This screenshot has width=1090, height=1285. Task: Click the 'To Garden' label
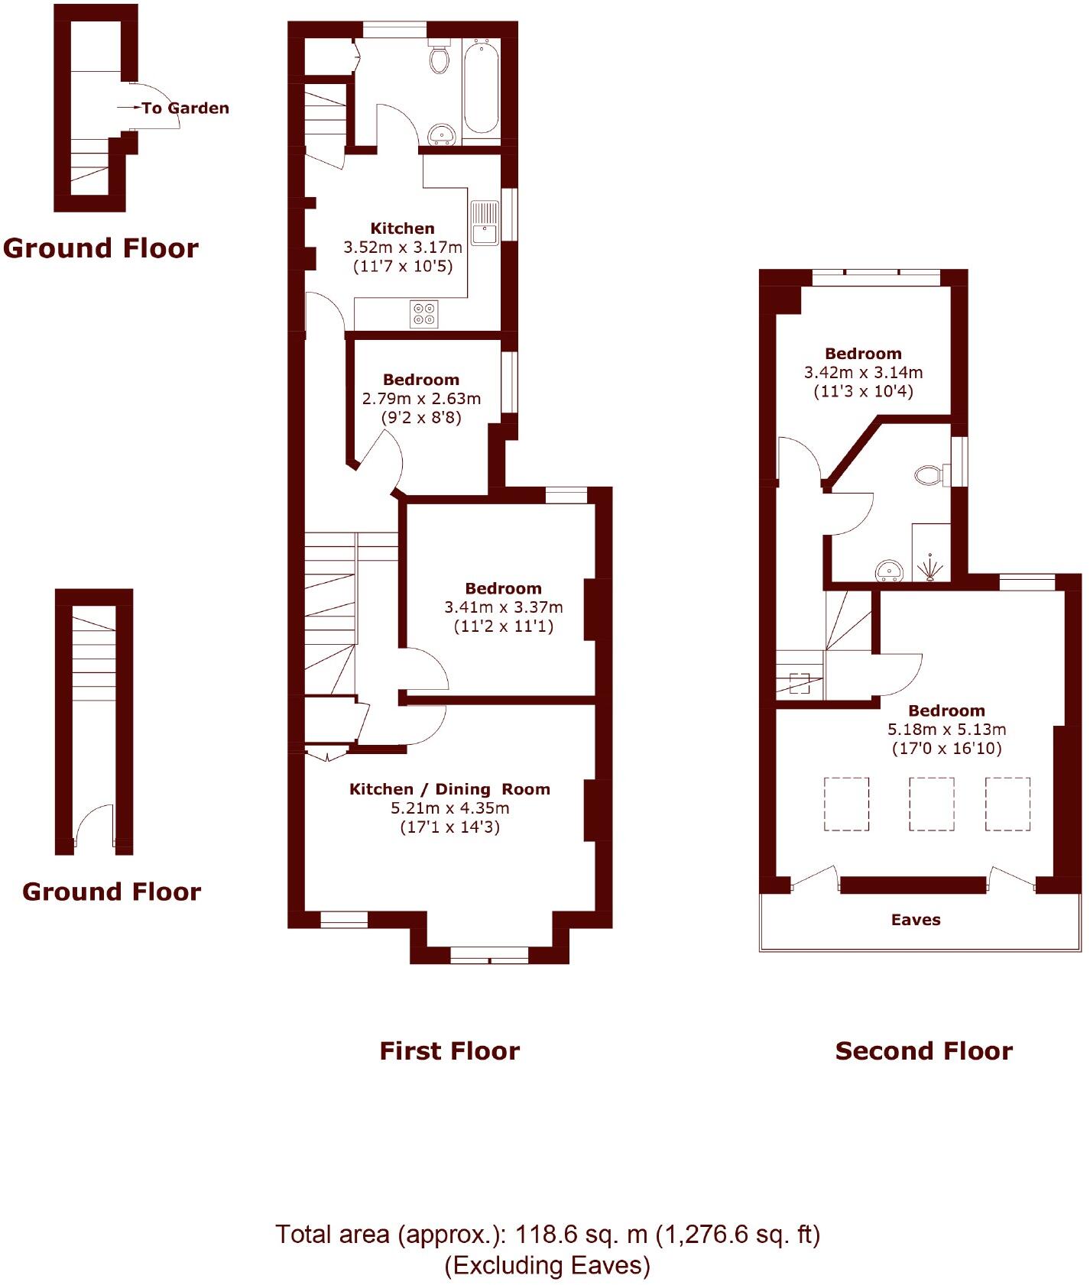point(185,108)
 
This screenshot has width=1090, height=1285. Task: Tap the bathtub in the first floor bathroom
point(482,89)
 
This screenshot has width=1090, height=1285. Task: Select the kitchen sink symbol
point(485,223)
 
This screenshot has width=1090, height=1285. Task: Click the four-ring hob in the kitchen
point(424,314)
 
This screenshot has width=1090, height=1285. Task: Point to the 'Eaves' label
point(915,920)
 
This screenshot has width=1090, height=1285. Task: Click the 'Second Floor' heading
point(923,1051)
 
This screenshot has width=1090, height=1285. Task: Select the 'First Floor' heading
point(449,1051)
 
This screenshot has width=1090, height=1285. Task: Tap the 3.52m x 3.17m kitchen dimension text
point(403,248)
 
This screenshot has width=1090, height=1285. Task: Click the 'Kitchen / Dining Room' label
point(449,789)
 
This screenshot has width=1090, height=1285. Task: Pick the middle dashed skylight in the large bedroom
point(931,804)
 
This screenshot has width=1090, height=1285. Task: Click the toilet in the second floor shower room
point(928,475)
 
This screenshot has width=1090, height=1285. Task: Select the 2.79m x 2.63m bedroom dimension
point(421,399)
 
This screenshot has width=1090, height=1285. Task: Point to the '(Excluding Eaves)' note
point(547,1266)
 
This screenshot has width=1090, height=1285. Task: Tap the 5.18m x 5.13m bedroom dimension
point(946,730)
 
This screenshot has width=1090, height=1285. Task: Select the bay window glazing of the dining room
point(489,954)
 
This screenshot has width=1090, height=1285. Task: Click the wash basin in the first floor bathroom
point(441,135)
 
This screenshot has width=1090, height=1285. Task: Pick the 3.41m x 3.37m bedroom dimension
point(503,607)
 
